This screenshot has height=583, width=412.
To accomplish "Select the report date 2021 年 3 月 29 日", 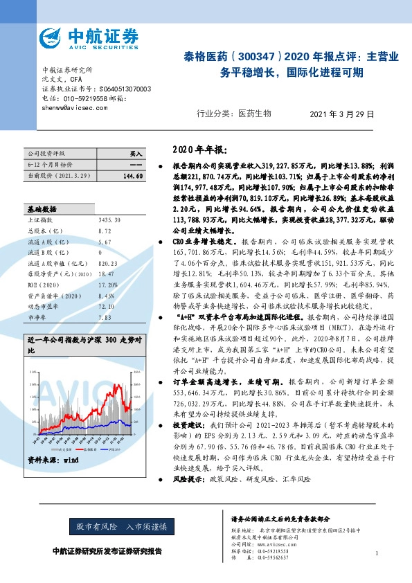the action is pos(341,113).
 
